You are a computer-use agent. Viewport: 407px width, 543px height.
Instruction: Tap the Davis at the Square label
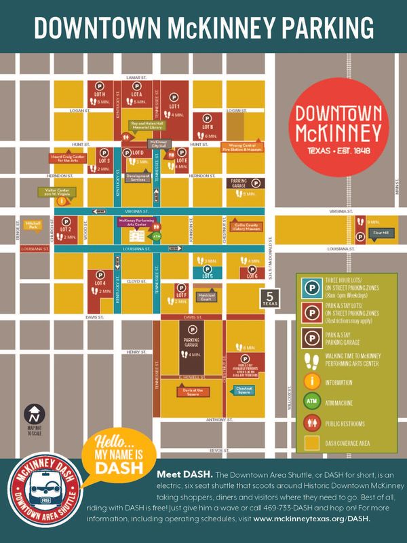click(x=193, y=390)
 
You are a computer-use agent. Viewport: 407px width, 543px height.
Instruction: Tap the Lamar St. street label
click(x=137, y=79)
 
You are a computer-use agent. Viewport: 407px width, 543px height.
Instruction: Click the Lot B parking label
click(x=208, y=127)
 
